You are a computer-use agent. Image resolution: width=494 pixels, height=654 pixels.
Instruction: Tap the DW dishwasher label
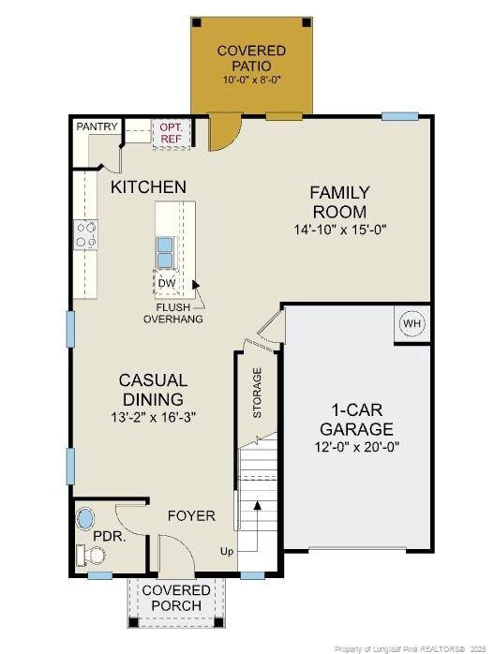167,283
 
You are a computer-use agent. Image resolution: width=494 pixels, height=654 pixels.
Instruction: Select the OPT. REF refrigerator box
171,133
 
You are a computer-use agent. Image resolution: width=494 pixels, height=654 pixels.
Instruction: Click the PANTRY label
97,126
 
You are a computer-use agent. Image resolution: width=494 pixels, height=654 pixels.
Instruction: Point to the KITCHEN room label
148,187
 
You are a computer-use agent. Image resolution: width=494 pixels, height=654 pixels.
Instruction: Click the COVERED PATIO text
251,58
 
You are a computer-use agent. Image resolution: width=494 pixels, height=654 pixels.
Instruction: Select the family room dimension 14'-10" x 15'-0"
339,229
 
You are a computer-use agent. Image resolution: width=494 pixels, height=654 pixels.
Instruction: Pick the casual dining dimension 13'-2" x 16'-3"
153,416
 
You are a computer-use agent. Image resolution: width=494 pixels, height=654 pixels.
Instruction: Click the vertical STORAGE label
257,393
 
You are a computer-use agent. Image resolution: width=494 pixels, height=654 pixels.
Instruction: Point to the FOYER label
191,516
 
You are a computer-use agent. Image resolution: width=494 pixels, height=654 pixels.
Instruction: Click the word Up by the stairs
227,550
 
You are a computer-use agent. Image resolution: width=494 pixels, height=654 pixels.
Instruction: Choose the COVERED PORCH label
176,598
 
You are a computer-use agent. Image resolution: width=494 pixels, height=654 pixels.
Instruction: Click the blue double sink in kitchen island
165,251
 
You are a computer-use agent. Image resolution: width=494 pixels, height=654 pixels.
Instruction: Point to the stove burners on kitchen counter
86,234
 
